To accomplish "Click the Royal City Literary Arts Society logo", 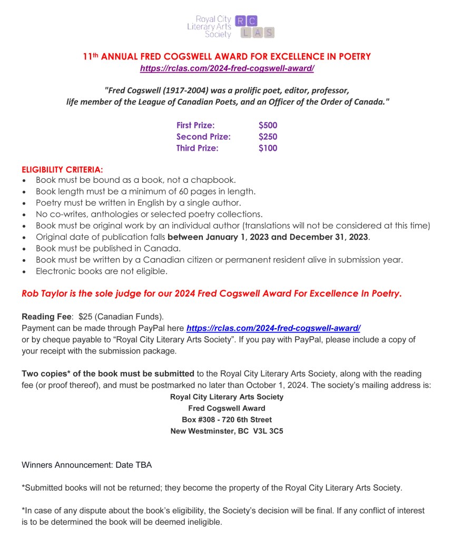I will tap(231, 25).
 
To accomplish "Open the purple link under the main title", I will tap(227, 68).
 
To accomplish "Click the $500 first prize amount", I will tap(268, 125).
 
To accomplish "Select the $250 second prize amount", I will tap(268, 137).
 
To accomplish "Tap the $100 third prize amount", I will tap(268, 148).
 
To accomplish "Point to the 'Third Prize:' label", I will tap(197, 148).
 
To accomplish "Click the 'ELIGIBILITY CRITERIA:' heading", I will tap(62, 170).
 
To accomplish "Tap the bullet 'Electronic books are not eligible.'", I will tap(102, 271).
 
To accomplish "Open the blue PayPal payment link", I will tap(273, 328).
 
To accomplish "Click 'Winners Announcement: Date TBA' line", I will tap(87, 465).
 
